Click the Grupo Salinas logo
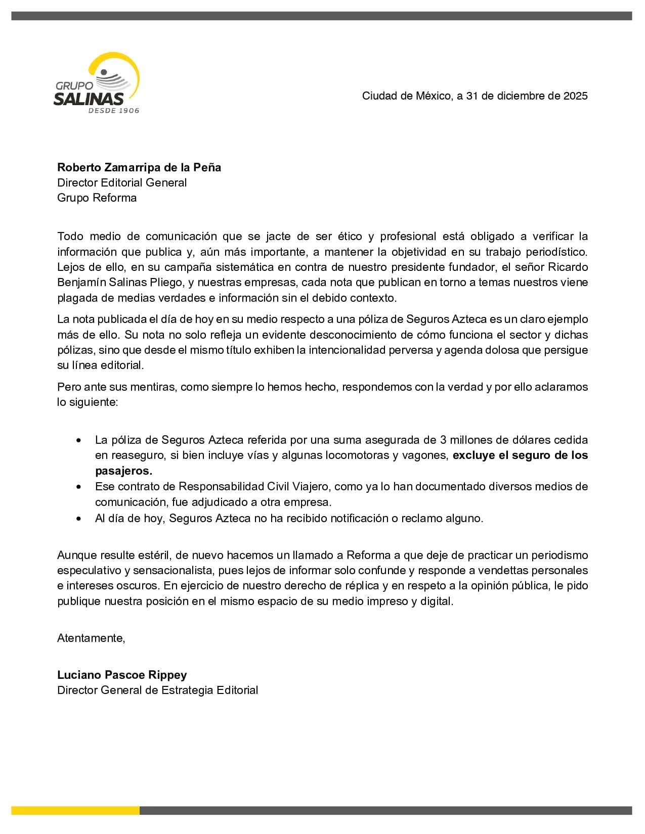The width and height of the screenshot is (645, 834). (97, 83)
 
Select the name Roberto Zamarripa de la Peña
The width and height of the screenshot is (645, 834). (139, 167)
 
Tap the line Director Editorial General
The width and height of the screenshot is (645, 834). (122, 182)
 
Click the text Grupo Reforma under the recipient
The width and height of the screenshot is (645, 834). (97, 198)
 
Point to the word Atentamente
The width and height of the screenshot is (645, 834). (91, 638)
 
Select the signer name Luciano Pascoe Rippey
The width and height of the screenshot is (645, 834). (122, 675)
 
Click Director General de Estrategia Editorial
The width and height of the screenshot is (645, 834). (157, 690)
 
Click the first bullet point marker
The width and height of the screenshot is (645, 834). (78, 441)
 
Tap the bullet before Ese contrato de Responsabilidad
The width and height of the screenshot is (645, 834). (78, 487)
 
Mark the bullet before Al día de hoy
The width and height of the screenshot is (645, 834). (78, 519)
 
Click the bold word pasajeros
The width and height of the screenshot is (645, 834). (123, 471)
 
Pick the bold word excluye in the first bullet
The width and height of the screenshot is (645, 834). (474, 455)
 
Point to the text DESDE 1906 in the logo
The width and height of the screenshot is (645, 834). (113, 111)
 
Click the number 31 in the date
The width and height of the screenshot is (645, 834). (472, 96)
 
